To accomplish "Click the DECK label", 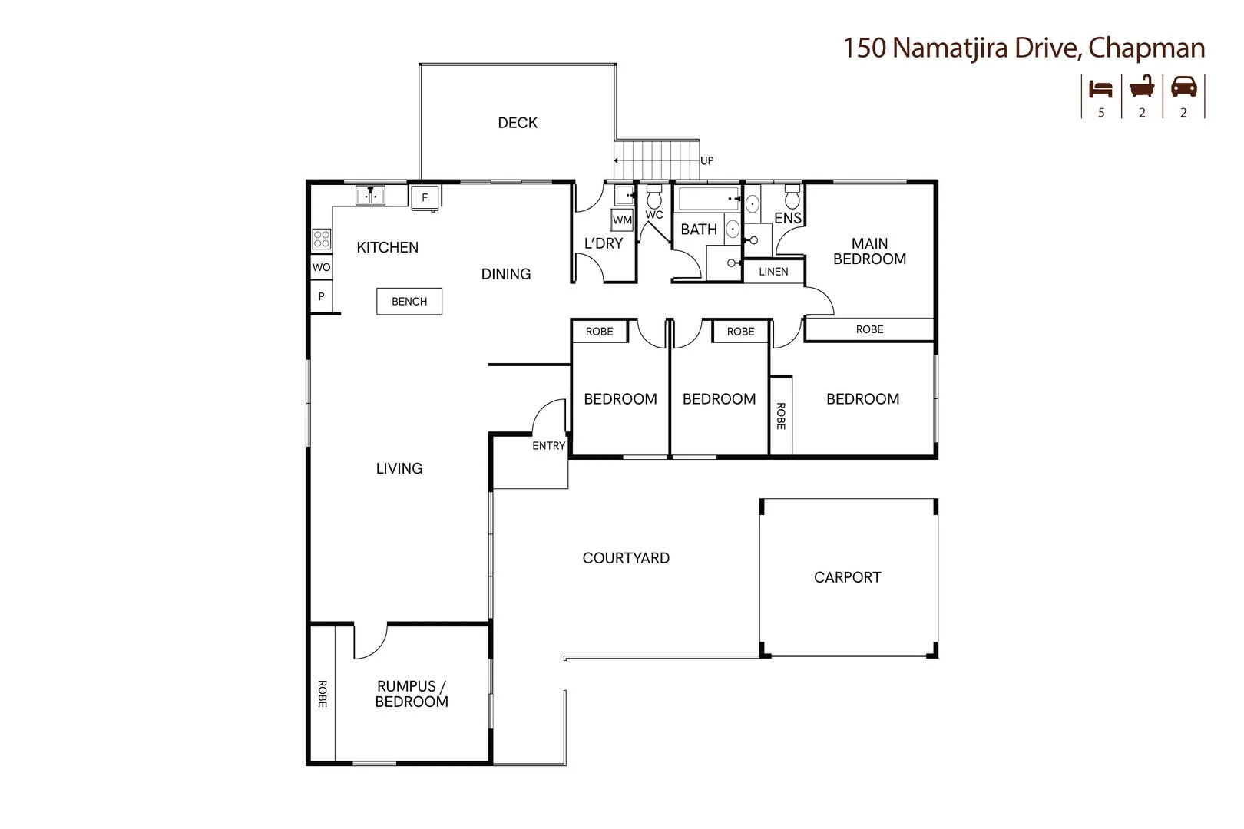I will pos(518,123).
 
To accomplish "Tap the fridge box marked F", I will pos(425,197).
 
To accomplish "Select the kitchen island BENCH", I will pos(409,302).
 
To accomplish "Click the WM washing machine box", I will pos(622,220).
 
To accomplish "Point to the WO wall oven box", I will pos(321,267).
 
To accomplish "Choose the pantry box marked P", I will pos(321,296).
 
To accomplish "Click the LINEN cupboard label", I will pos(773,272).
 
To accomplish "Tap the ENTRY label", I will pos(548,446).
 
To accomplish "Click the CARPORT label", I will pos(847,577).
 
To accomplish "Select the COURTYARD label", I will pos(626,558).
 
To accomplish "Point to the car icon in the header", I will pos(1183,88).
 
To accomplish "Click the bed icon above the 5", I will pos(1101,88).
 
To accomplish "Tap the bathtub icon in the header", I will pos(1142,87).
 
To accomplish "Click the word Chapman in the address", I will pos(1146,48).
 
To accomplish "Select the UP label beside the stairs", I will pos(706,160).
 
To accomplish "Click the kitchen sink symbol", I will pos(370,196).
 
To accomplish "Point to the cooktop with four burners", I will pos(321,239).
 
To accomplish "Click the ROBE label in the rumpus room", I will pos(323,694).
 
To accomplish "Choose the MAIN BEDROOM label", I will pos(869,251).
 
